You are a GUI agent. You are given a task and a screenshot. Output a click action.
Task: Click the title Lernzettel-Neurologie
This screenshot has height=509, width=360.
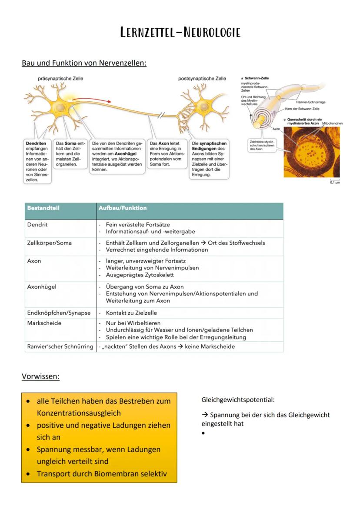pyautogui.click(x=180, y=33)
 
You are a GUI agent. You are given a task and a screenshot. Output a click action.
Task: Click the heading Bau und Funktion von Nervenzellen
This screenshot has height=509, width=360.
pyautogui.click(x=84, y=63)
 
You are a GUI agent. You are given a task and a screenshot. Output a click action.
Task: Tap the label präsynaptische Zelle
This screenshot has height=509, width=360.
pyautogui.click(x=60, y=79)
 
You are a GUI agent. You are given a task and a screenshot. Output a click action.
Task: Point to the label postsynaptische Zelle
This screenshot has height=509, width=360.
pyautogui.click(x=202, y=79)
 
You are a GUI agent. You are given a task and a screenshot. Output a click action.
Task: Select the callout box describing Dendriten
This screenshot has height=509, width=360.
pyautogui.click(x=37, y=161)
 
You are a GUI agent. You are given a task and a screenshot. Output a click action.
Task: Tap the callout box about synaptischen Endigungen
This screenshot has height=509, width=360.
pyautogui.click(x=209, y=159)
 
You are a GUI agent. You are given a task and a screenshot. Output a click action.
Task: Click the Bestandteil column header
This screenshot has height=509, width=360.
pyautogui.click(x=43, y=208)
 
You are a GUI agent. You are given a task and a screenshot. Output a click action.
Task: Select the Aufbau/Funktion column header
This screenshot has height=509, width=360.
pyautogui.click(x=123, y=208)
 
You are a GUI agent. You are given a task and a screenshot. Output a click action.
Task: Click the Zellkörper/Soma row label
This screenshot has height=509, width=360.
pyautogui.click(x=49, y=243)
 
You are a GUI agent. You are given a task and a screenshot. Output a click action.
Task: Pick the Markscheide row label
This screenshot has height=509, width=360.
pyautogui.click(x=44, y=323)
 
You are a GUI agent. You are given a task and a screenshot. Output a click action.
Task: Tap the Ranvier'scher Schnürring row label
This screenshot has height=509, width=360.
pyautogui.click(x=60, y=346)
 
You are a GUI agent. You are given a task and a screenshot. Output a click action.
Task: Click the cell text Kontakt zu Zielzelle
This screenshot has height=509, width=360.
pyautogui.click(x=131, y=313)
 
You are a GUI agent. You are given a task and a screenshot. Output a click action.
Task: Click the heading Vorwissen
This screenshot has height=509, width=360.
pyautogui.click(x=40, y=376)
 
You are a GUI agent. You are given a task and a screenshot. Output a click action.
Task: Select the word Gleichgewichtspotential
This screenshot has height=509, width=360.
pyautogui.click(x=238, y=399)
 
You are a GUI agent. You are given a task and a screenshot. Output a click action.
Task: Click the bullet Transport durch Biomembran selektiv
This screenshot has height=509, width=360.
pyautogui.click(x=102, y=473)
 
